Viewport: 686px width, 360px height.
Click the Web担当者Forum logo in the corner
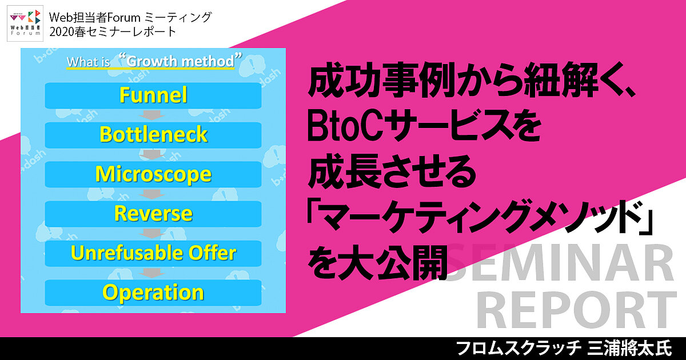[25, 23]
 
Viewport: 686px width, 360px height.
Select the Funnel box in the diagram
[153, 95]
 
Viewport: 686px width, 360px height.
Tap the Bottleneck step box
[153, 135]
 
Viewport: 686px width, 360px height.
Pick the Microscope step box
[153, 174]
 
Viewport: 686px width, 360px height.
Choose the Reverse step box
[153, 214]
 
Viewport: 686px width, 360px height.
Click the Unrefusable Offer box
[153, 253]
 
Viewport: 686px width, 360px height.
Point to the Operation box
[153, 293]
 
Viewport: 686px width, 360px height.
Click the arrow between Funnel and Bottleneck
[152, 115]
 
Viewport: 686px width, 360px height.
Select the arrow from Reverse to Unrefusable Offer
[152, 233]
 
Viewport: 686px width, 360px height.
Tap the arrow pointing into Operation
[152, 273]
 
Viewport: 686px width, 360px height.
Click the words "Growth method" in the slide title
[181, 61]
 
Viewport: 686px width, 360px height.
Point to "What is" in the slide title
[89, 62]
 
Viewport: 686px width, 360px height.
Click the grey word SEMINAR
[560, 263]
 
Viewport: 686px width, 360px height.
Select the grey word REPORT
[576, 310]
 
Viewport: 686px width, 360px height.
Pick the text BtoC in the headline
[345, 127]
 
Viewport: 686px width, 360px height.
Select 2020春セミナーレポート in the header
[113, 32]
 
